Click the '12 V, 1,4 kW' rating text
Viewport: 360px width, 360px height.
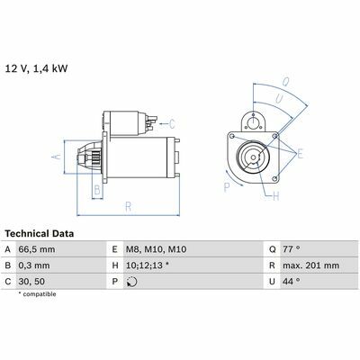pyautogui.click(x=36, y=68)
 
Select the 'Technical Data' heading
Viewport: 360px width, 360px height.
pyautogui.click(x=40, y=234)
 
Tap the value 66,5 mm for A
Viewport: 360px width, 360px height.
pyautogui.click(x=37, y=249)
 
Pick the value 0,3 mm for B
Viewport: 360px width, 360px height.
pyautogui.click(x=34, y=265)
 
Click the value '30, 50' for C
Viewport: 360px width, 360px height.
pyautogui.click(x=31, y=282)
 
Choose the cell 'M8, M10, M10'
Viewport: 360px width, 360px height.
pyautogui.click(x=156, y=249)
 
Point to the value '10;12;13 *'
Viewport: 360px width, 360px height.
pyautogui.click(x=148, y=265)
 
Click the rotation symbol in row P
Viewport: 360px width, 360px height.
pyautogui.click(x=132, y=282)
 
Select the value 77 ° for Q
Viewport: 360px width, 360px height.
pyautogui.click(x=292, y=249)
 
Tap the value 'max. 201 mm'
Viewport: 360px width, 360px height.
pyautogui.click(x=310, y=265)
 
